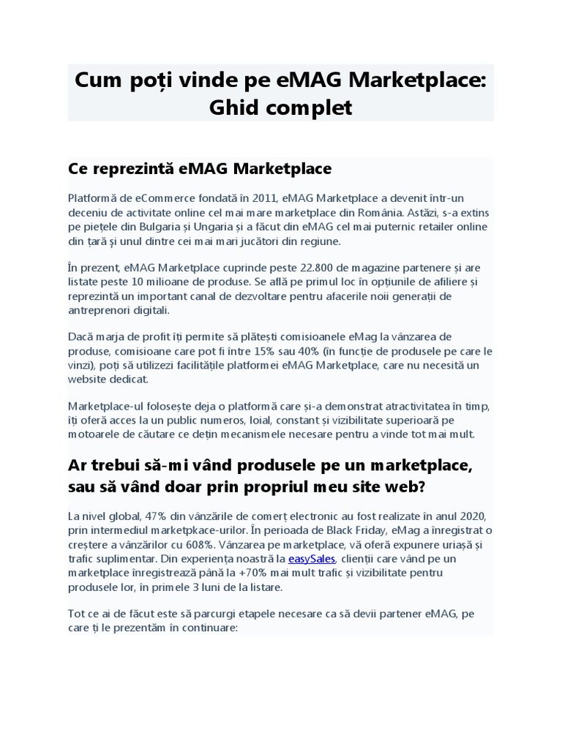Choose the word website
[88, 379]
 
